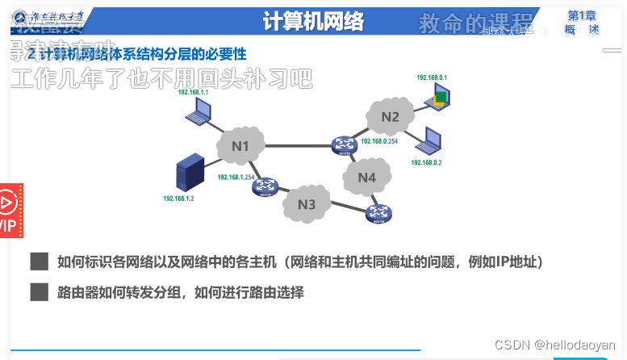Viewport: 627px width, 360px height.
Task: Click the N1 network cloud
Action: (x=240, y=146)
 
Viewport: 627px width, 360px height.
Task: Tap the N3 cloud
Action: (x=306, y=204)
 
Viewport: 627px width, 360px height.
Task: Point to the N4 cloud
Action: (x=367, y=177)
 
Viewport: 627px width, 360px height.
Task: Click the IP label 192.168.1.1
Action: (x=193, y=93)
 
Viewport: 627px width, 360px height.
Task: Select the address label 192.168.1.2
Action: (x=179, y=198)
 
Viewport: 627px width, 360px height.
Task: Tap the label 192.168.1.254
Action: (x=236, y=177)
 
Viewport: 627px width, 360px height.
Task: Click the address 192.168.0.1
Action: (x=432, y=77)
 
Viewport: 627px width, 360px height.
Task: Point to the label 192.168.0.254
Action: (x=379, y=141)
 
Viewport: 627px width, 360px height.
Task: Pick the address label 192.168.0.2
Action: (x=426, y=163)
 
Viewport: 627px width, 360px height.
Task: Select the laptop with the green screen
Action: (x=438, y=99)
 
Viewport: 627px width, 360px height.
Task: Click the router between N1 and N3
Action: (x=265, y=187)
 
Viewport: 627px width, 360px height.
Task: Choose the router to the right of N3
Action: (x=379, y=213)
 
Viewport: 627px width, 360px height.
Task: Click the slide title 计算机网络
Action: (x=313, y=22)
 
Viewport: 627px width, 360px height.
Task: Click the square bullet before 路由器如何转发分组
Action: (x=39, y=292)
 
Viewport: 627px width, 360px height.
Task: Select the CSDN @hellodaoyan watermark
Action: (x=554, y=345)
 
